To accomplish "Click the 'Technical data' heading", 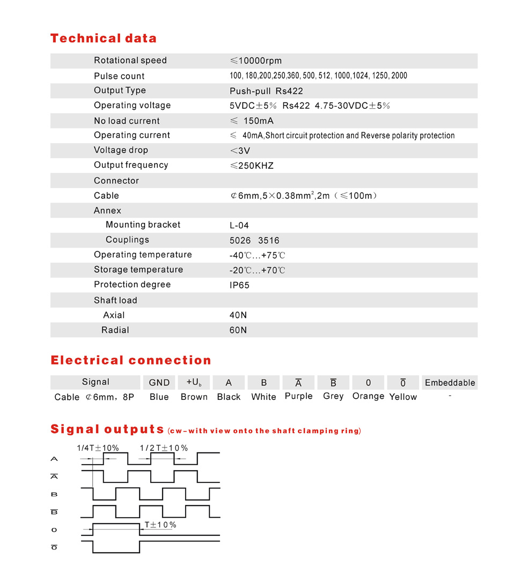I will click(104, 39).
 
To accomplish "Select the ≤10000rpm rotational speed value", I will click(255, 61).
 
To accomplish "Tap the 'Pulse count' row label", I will click(119, 76).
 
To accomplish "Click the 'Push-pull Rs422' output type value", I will click(266, 91).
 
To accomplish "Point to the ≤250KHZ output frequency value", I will click(252, 166).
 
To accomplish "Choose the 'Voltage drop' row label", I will click(121, 150).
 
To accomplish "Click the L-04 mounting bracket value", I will click(239, 225).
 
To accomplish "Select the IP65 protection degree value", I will click(239, 285).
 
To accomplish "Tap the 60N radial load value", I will click(238, 330).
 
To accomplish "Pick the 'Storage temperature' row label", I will click(138, 270).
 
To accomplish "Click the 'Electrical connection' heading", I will click(131, 360).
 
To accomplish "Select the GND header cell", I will click(159, 383).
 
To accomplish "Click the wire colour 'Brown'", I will click(194, 397).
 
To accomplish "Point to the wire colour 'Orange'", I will click(368, 397).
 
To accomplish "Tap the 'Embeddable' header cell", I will click(450, 383).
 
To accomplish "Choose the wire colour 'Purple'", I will click(298, 397).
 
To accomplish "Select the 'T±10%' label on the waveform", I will click(160, 525).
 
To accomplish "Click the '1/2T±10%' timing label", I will click(164, 448).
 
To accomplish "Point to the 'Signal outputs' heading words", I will click(107, 429).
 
